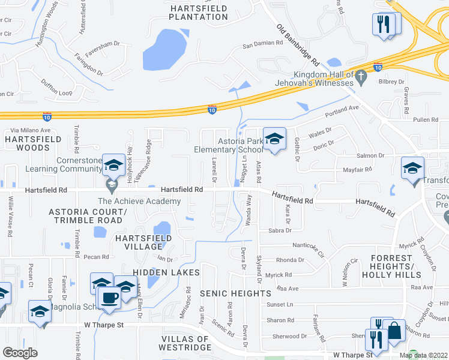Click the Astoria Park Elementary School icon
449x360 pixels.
[274, 139]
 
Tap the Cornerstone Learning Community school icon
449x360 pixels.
[113, 164]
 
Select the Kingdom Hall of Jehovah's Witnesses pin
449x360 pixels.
[360, 76]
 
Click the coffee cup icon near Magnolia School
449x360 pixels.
[109, 296]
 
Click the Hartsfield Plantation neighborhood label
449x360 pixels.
[199, 13]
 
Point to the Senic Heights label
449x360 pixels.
[235, 293]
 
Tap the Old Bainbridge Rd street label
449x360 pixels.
[298, 45]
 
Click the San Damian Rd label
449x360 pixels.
[262, 44]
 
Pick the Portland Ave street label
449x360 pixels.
[341, 109]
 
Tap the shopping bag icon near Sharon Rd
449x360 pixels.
[396, 331]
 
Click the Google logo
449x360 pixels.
[20, 353]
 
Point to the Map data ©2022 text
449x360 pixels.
[424, 356]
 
